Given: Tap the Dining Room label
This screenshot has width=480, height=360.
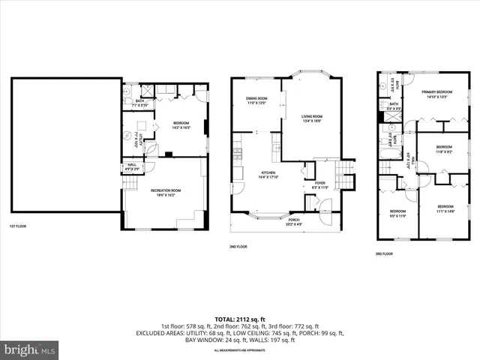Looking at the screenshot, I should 256,100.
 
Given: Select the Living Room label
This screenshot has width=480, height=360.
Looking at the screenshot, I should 312,118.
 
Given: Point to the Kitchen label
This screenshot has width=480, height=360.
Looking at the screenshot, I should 269,175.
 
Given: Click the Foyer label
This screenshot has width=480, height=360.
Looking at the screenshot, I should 319,184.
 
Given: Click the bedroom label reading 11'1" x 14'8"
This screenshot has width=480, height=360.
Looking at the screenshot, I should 445,208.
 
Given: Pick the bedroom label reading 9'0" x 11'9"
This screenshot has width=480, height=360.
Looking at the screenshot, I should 397,214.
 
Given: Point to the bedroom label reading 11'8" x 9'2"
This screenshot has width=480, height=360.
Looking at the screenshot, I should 444,148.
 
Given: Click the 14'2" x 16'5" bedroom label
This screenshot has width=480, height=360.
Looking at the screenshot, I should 181,124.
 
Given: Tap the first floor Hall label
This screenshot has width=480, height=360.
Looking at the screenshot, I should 132,166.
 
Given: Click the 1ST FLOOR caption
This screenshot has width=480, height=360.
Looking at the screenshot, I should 19,226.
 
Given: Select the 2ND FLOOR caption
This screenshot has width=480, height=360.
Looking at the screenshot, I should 238,246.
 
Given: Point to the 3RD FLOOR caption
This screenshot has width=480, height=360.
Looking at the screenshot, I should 384,253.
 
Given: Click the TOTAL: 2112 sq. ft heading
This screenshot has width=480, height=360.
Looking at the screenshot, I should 239,319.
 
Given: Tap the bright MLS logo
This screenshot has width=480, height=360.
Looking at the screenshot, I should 30,349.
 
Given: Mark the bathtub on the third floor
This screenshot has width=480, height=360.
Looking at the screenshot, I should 390,156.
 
